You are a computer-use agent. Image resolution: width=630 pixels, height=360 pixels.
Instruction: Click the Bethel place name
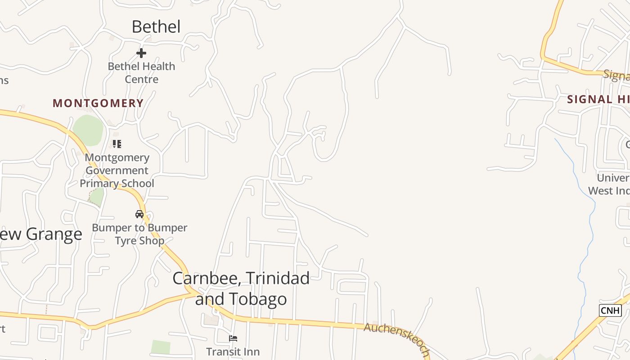click(x=156, y=27)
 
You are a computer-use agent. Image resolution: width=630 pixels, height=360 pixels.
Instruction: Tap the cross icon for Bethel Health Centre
click(x=141, y=53)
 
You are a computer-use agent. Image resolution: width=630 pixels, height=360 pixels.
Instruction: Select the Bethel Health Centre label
click(x=141, y=73)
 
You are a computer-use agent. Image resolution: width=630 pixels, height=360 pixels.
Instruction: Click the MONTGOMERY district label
click(x=98, y=103)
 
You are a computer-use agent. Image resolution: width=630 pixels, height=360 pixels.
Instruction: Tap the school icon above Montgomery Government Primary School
click(x=117, y=144)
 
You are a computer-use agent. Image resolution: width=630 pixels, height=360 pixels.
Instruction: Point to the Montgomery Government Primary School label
click(x=117, y=171)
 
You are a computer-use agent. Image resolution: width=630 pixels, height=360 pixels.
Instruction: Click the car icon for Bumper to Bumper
click(x=139, y=214)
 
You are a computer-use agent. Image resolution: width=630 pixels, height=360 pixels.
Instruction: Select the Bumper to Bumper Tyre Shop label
click(x=139, y=234)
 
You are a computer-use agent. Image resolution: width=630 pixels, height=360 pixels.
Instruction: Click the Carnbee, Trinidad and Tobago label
click(x=241, y=288)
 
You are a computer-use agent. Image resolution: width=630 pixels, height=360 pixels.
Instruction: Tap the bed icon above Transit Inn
click(x=233, y=338)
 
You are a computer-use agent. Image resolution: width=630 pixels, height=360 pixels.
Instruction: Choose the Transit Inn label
click(x=233, y=351)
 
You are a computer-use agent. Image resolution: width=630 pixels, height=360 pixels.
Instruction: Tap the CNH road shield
click(x=610, y=310)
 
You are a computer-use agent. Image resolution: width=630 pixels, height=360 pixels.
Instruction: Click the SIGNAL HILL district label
click(x=598, y=99)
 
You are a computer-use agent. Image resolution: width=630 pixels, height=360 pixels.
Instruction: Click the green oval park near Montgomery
click(x=88, y=130)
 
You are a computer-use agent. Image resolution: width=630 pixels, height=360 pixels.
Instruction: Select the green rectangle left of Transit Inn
click(x=161, y=347)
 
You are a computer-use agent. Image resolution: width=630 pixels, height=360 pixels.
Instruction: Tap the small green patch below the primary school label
click(x=97, y=197)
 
